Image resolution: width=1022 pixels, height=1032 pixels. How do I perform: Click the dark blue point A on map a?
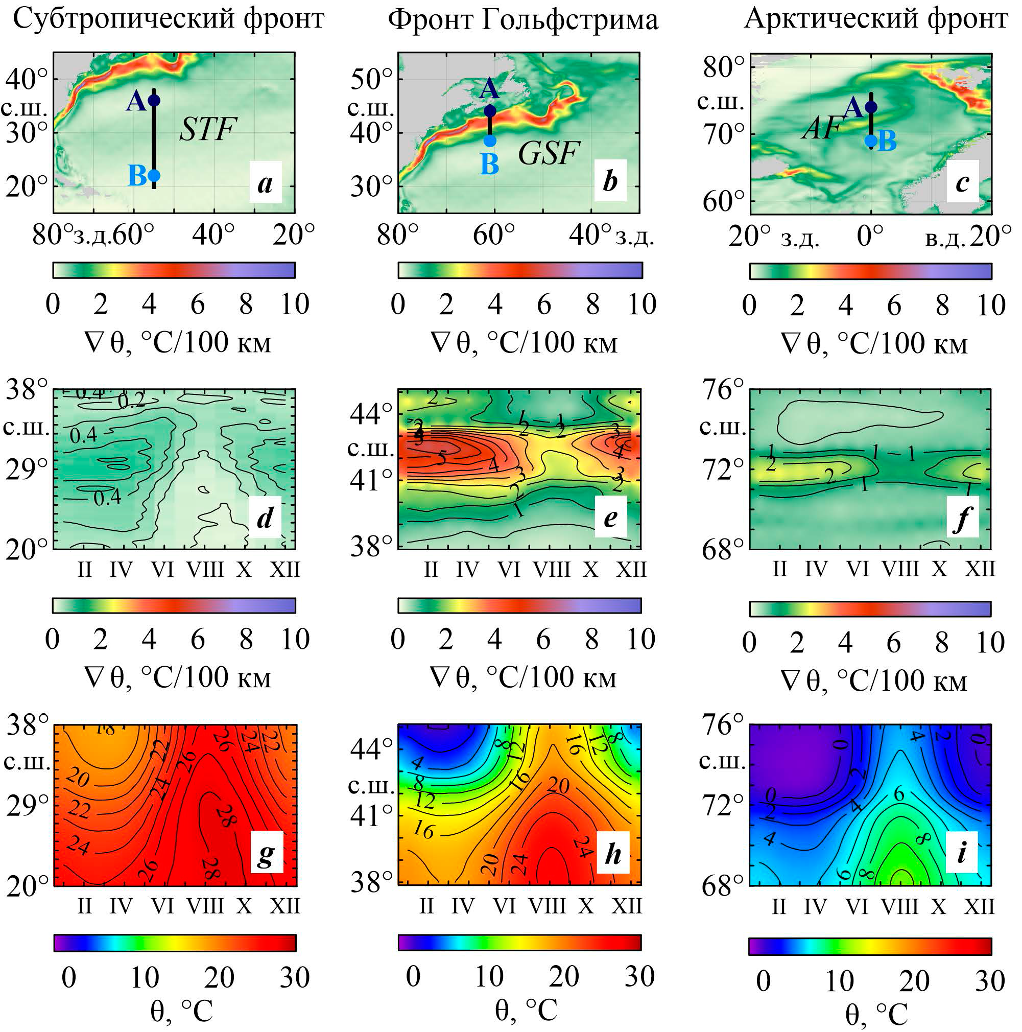tap(154, 100)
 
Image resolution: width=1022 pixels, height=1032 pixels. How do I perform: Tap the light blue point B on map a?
tap(154, 175)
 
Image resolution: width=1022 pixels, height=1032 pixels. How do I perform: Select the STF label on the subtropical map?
tap(207, 129)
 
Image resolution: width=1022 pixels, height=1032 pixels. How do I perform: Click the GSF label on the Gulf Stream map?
tap(548, 153)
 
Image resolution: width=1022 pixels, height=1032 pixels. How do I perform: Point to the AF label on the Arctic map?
tap(821, 128)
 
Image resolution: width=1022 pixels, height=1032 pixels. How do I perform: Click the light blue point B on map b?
tap(490, 140)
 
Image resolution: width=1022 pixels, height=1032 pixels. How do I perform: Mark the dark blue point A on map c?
tap(871, 107)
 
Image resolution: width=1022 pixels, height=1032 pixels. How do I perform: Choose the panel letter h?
tap(613, 854)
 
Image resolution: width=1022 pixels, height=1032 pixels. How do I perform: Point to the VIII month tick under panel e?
tap(552, 570)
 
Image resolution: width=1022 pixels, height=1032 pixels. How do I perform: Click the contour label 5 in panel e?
tap(442, 458)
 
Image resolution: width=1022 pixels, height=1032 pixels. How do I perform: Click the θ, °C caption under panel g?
tap(181, 1011)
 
